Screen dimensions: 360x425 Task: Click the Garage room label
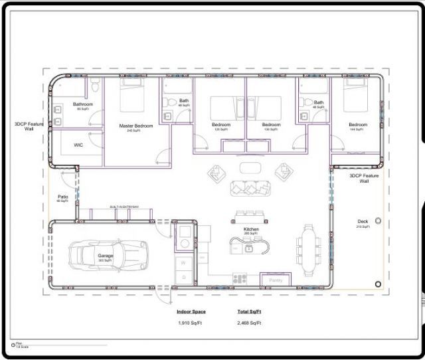pos(106,255)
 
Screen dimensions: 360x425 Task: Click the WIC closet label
pos(78,144)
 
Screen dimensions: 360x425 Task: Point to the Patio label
pos(63,197)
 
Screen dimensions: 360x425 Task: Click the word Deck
pos(363,223)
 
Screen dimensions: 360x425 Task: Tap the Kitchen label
pos(251,229)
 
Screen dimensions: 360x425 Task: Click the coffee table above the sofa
pos(251,167)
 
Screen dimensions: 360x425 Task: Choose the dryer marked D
pos(183,277)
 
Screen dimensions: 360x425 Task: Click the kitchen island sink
pos(248,248)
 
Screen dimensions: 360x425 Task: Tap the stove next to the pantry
pos(240,278)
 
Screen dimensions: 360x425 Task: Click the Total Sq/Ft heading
pos(249,311)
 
